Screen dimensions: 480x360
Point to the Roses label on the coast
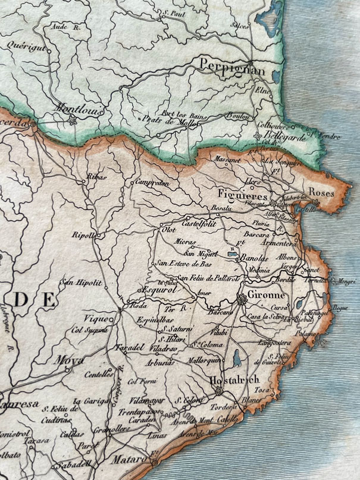coord(321,193)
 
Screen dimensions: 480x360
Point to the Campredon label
coord(152,184)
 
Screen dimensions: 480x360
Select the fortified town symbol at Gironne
coord(242,301)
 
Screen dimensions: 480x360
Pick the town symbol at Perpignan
coord(251,64)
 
